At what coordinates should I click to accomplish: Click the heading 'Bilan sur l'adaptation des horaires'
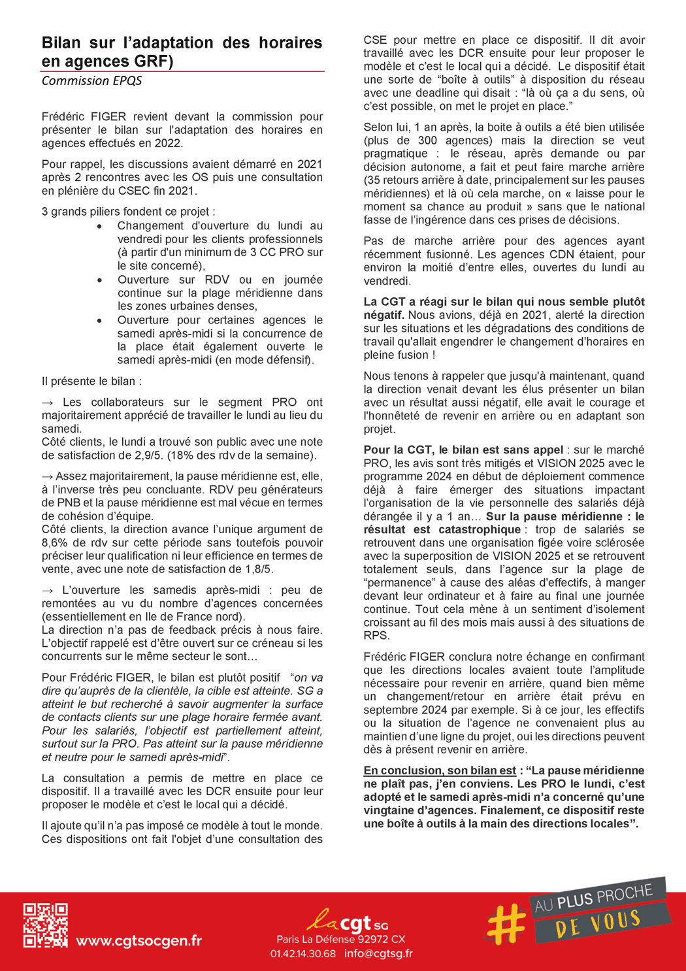[182, 43]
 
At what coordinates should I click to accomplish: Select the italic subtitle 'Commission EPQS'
[91, 80]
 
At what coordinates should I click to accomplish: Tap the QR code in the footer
[45, 925]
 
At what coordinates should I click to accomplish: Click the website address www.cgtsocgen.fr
[139, 940]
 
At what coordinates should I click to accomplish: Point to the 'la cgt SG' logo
[347, 921]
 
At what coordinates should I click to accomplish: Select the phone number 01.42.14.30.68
[302, 953]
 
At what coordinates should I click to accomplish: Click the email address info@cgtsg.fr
[378, 953]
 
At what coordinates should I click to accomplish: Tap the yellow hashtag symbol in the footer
[506, 923]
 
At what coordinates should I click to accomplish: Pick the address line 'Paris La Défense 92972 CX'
[340, 939]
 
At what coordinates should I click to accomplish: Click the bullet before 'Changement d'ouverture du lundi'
[99, 227]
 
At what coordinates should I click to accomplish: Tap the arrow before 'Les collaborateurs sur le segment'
[48, 403]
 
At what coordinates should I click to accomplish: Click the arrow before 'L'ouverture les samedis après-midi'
[48, 590]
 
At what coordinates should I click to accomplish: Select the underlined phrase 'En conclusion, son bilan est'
[440, 770]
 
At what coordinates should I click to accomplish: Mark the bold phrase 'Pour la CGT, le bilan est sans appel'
[463, 450]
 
